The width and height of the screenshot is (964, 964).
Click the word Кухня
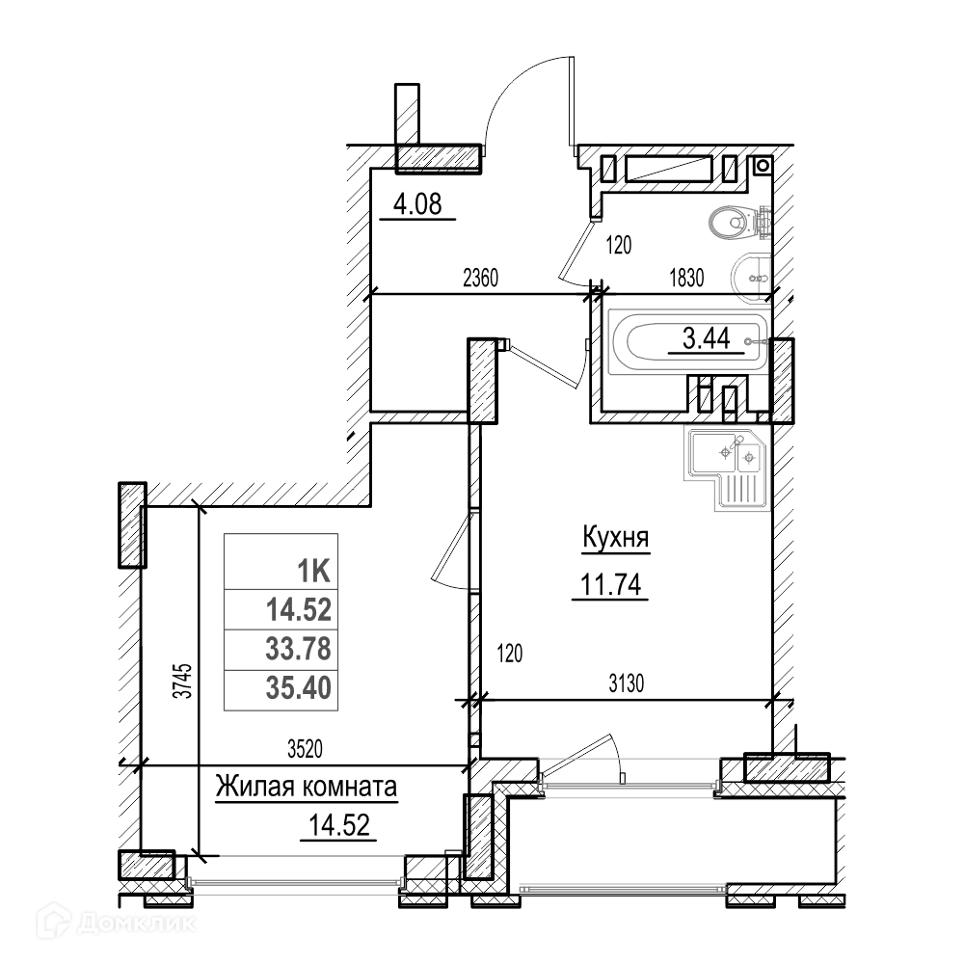[615, 539]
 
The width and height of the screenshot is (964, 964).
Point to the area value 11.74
[610, 584]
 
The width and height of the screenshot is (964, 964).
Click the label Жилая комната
[307, 787]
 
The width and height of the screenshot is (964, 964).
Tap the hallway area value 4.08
[417, 204]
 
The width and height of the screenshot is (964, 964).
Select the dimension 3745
[183, 680]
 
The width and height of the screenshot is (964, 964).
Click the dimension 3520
[305, 749]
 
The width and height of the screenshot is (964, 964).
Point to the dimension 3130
[627, 683]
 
